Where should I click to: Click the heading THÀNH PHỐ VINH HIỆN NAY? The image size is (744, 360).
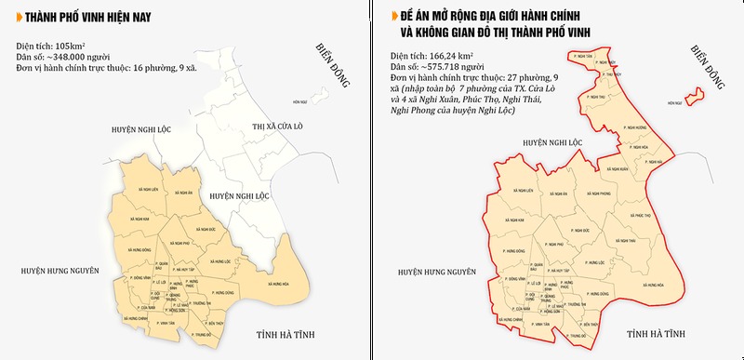(83, 16)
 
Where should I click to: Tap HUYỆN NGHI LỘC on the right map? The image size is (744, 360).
(551, 144)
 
